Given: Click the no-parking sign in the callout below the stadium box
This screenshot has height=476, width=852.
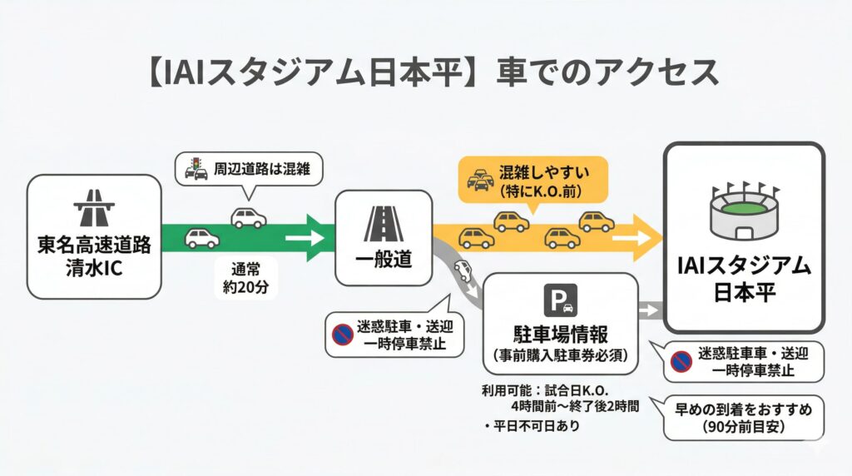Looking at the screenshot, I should pos(681,361).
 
